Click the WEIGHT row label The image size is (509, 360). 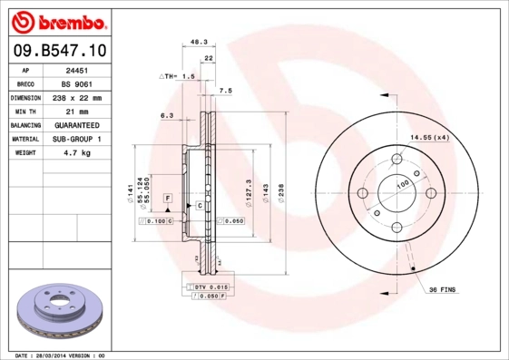coord(26,153)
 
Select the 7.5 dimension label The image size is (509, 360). coord(226,91)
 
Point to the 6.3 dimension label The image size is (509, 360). coord(167,115)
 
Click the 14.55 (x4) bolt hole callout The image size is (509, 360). coord(429,137)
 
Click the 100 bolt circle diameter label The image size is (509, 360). coord(403,184)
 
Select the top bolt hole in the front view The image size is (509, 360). coord(396,161)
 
